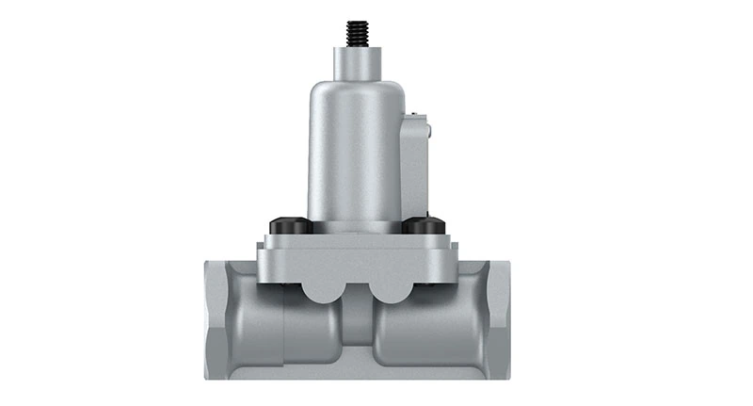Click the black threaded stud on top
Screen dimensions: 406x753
pos(357,33)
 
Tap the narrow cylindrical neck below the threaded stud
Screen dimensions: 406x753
pos(357,62)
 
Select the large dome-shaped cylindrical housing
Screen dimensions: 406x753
pos(356,151)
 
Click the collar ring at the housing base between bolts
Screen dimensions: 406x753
pos(356,226)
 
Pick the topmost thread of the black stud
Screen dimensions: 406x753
pos(357,23)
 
